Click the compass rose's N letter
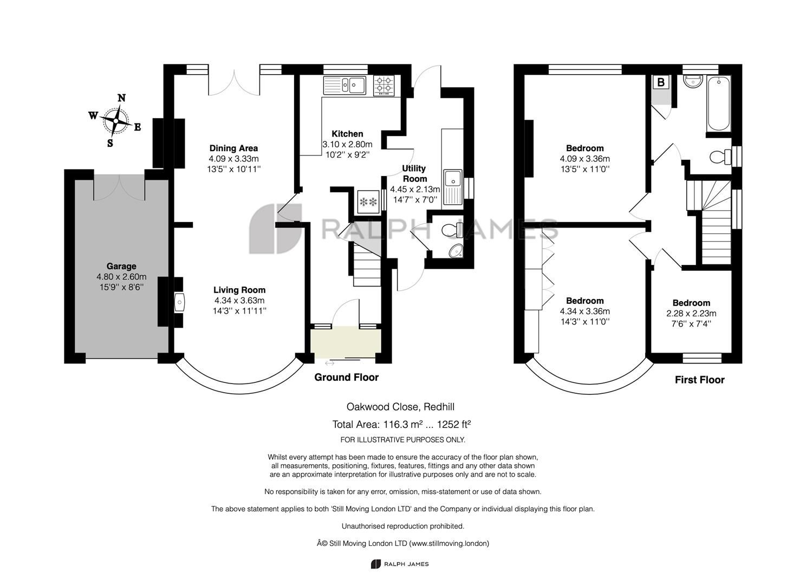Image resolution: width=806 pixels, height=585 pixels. click(x=122, y=98)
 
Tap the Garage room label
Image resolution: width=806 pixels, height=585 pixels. click(x=121, y=266)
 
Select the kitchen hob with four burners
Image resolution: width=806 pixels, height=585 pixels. click(x=385, y=85)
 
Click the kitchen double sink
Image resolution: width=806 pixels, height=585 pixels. click(x=346, y=85)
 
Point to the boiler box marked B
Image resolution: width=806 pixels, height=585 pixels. click(x=661, y=82)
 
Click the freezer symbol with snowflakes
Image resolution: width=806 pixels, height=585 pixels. click(x=368, y=201)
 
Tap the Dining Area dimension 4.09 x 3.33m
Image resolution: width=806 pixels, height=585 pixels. click(x=233, y=159)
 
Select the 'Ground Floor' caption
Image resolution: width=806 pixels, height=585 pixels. click(x=346, y=378)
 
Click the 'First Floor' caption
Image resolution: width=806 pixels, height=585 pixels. click(x=699, y=380)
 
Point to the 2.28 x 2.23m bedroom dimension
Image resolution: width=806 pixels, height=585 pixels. click(x=691, y=313)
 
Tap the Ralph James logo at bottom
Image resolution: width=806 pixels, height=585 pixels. click(x=400, y=564)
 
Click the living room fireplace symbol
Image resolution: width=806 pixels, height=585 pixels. click(x=179, y=302)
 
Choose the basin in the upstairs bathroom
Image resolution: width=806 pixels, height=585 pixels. click(x=693, y=82)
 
